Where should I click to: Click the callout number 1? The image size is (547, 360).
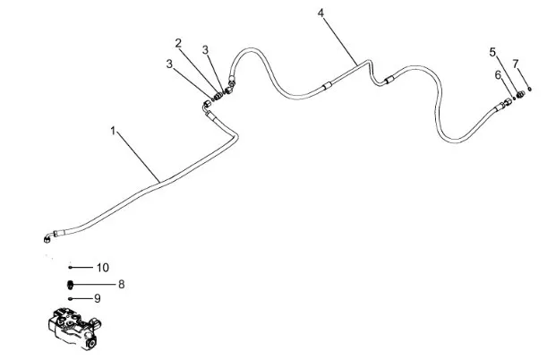(114, 131)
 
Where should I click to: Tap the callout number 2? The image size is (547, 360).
(179, 42)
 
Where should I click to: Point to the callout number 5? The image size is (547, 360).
(492, 51)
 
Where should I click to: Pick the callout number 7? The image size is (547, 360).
(516, 63)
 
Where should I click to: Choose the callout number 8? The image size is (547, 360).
(121, 284)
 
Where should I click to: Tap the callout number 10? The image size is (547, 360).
(102, 268)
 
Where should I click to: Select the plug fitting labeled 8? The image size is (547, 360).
(71, 285)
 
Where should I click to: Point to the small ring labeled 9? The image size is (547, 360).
(71, 299)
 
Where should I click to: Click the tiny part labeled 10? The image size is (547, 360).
(70, 268)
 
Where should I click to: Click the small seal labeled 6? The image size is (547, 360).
(514, 99)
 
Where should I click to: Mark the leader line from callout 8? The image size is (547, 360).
(95, 285)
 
